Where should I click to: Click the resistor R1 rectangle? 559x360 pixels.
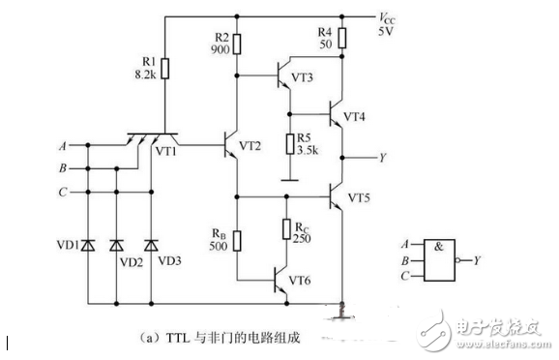tap(164, 68)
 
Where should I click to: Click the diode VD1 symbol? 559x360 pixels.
tap(88, 246)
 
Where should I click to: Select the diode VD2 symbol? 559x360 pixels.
tap(117, 246)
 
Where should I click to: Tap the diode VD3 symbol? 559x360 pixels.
tap(150, 246)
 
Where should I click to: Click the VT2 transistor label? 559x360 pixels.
tap(249, 146)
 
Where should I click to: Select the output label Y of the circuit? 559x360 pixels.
tap(383, 157)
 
